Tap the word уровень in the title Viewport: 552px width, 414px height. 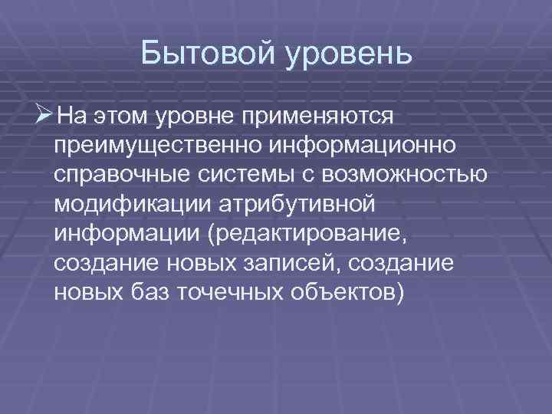348,55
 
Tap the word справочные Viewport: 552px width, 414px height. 117,175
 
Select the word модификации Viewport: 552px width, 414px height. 128,204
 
